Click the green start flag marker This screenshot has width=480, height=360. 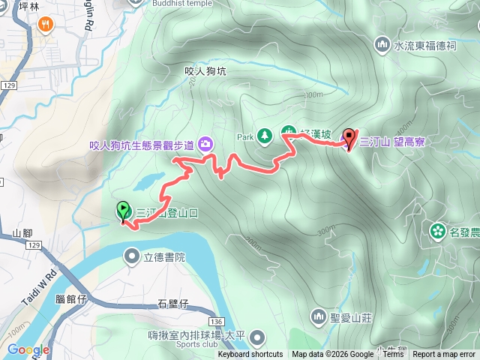coord(123,211)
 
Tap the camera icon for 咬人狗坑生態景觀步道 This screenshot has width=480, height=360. coord(205,143)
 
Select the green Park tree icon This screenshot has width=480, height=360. coord(264,136)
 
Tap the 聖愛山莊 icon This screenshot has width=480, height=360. coord(319,316)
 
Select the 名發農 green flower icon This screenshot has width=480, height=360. coord(436,229)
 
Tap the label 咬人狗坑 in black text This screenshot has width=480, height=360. coord(205,71)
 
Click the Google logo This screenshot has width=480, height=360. coord(28,349)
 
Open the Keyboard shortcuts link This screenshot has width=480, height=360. coord(250,355)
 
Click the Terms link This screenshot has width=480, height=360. coord(393,355)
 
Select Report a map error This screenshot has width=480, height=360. coord(444,355)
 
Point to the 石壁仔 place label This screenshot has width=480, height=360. coord(172,304)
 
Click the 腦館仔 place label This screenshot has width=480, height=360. coord(72,298)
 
